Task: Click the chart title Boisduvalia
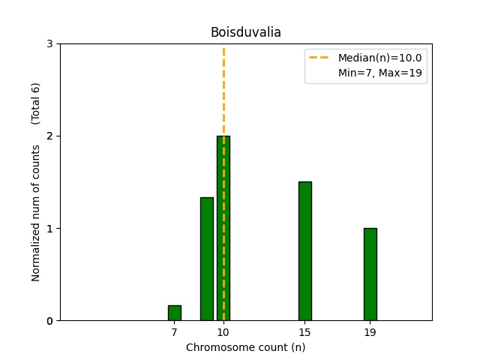coord(245,32)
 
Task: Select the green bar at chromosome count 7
coord(174,313)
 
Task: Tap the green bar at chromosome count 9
coord(207,259)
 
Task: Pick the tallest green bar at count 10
coord(223,228)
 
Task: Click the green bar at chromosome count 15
coord(304,251)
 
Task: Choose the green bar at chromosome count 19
coord(370,274)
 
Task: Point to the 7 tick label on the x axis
coord(174,331)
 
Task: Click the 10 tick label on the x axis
coord(223,331)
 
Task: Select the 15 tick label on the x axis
coord(304,331)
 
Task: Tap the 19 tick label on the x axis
coord(370,331)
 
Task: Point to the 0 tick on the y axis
coord(49,321)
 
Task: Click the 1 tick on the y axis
coord(49,229)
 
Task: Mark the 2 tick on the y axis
coord(49,136)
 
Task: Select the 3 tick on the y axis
coord(49,44)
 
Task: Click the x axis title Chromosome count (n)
coord(245,347)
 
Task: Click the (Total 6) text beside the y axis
coord(36,103)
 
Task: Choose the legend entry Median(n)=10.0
coord(379,58)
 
